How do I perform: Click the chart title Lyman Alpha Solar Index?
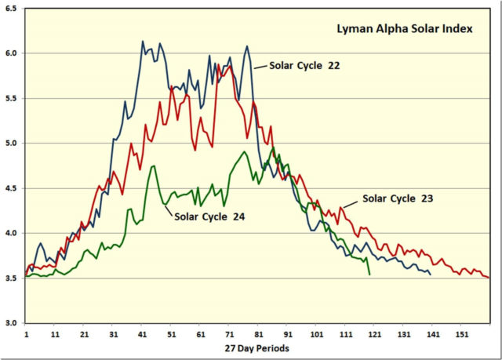coord(400,30)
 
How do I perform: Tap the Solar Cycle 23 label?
coord(398,198)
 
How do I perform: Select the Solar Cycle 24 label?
coord(210,217)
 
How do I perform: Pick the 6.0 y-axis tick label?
coord(13,53)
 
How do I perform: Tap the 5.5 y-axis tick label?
coord(13,99)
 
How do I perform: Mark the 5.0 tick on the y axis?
coord(13,144)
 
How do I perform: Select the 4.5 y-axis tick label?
coord(13,188)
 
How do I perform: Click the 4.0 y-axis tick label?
coord(13,234)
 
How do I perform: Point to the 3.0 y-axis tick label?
coord(13,323)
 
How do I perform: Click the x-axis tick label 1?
coord(26,333)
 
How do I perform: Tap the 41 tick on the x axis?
coord(142,333)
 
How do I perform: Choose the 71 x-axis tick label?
coord(229,333)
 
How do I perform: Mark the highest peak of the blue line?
coord(143,42)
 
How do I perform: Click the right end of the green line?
coord(369,275)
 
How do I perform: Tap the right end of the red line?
coord(489,278)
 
